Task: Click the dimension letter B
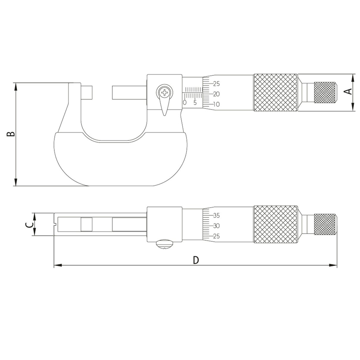tap(10, 134)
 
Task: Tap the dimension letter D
tap(196, 260)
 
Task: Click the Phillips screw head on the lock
tap(165, 93)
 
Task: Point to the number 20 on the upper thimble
tap(216, 94)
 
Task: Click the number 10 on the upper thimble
tap(216, 104)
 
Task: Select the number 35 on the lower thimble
tap(216, 216)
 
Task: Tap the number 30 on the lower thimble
tap(216, 226)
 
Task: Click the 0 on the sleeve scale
tap(185, 103)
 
